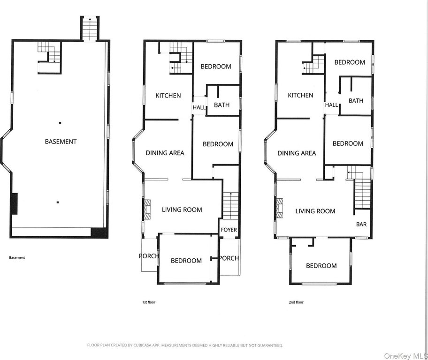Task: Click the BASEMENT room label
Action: coord(61,142)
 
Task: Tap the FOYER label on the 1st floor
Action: coord(229,230)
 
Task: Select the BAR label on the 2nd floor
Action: coord(361,224)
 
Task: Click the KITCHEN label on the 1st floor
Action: coord(168,96)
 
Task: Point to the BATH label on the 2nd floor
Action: coord(356,101)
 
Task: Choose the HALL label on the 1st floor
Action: coord(199,107)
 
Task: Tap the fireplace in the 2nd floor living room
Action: coord(279,208)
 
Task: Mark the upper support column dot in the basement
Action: coord(60,123)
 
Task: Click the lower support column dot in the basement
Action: coord(58,202)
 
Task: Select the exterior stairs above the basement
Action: coord(90,29)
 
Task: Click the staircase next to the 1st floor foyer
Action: coord(230,205)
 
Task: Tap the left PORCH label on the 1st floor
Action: coord(149,256)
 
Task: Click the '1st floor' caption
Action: coord(149,302)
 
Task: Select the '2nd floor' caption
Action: coord(296,302)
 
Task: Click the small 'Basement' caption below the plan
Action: coord(17,257)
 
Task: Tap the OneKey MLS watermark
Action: coord(405,356)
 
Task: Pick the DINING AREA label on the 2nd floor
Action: coord(297,153)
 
